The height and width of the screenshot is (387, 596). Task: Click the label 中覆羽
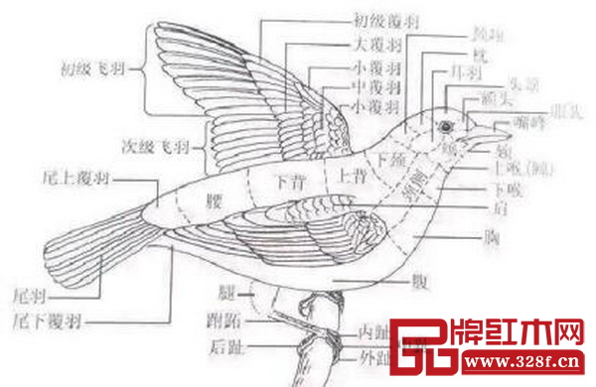tap(373, 86)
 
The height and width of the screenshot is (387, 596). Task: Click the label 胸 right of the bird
tap(488, 236)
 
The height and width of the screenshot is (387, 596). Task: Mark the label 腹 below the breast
tap(416, 282)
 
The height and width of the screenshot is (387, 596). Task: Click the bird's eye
tap(444, 126)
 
